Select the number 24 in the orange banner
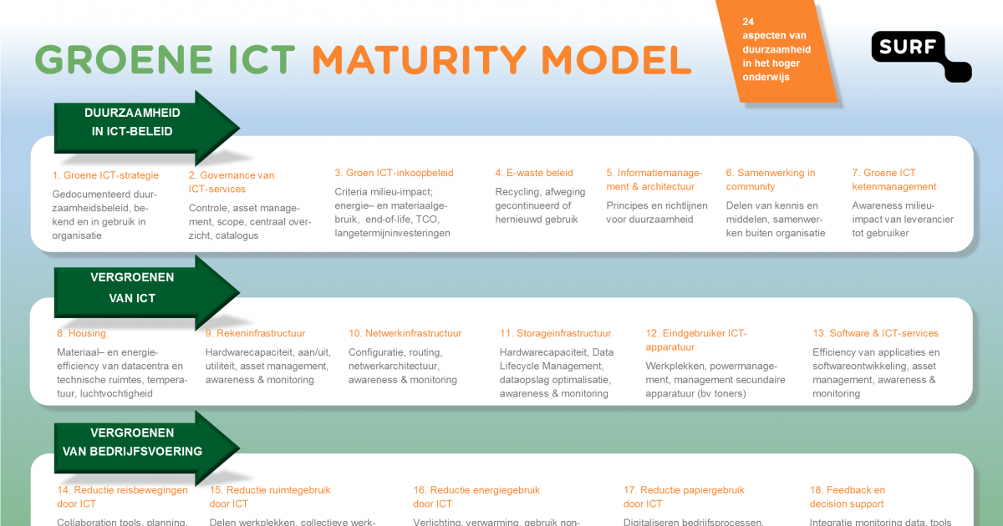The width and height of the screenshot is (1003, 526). tap(749, 22)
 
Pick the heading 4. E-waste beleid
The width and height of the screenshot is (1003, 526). tap(534, 173)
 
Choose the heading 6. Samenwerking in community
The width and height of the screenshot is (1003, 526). tap(770, 180)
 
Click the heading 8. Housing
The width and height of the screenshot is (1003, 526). tap(81, 333)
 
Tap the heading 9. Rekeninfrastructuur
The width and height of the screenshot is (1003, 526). tap(255, 333)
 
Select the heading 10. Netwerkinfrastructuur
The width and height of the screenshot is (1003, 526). tap(405, 333)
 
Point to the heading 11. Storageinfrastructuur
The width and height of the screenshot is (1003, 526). tap(555, 333)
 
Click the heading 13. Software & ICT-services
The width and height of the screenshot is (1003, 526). tap(875, 333)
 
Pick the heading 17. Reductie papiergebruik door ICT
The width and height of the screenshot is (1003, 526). tap(684, 497)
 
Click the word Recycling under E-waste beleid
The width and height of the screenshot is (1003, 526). tap(517, 192)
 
